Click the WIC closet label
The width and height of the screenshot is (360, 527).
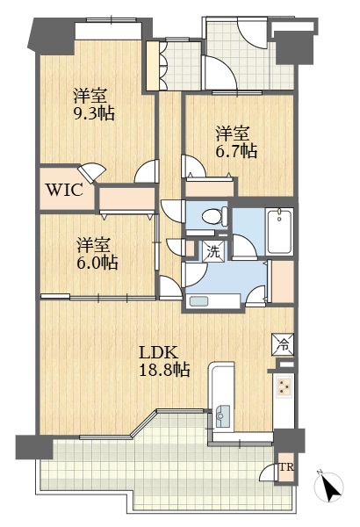[64, 191]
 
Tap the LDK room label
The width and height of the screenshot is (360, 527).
[158, 353]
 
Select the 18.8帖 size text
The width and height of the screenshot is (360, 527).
[165, 370]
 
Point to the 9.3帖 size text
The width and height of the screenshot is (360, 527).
[94, 113]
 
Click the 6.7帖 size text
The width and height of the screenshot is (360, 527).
[236, 151]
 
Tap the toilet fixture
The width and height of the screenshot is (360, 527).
[215, 216]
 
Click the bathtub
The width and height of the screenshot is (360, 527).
[279, 231]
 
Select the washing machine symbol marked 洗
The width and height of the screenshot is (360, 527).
[212, 252]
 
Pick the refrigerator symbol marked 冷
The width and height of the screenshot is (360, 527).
[284, 344]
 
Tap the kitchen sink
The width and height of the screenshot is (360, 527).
[222, 416]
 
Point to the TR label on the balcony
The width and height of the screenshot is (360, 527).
[287, 467]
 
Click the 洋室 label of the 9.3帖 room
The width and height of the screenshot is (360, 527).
[90, 96]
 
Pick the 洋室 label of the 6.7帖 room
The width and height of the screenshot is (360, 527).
[233, 134]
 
